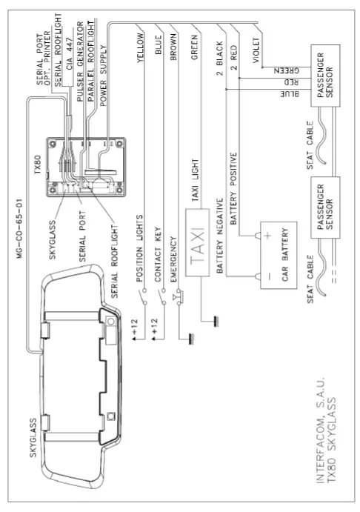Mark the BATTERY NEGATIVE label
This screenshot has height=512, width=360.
pyautogui.click(x=220, y=238)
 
